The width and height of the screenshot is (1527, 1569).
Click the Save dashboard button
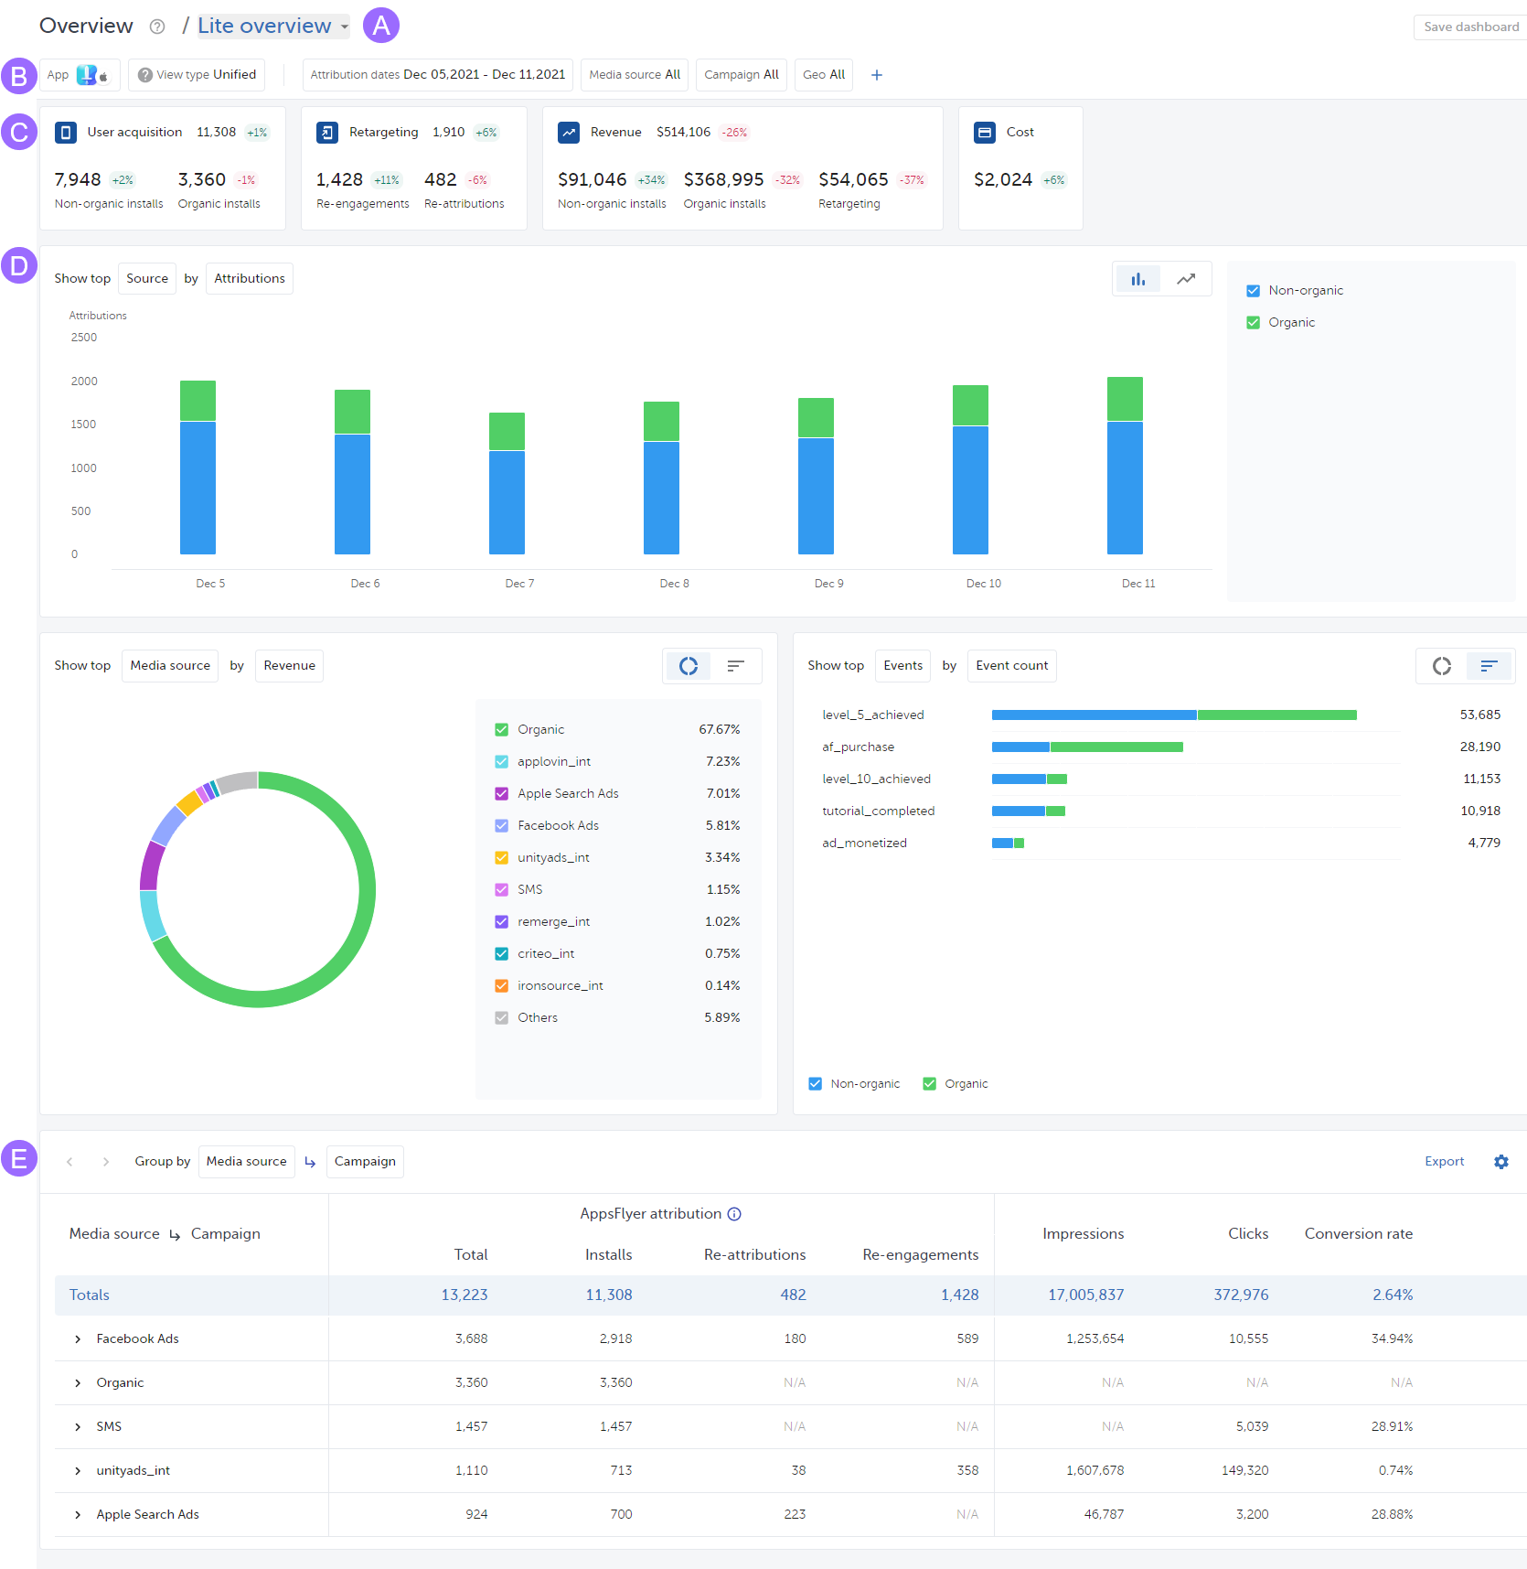[1470, 27]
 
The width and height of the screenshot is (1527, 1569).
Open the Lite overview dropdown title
[272, 26]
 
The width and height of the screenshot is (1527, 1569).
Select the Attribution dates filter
[437, 75]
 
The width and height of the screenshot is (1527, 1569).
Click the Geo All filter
[823, 75]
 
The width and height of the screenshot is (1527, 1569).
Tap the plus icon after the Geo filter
[876, 75]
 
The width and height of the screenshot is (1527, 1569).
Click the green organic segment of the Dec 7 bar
[507, 431]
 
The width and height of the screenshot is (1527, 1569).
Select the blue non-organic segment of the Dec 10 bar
[970, 489]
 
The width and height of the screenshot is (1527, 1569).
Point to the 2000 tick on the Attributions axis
[84, 382]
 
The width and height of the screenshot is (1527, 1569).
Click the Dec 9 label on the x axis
[828, 584]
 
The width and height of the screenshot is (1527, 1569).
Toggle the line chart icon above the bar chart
[1185, 279]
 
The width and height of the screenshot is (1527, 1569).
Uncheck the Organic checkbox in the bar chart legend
[1253, 323]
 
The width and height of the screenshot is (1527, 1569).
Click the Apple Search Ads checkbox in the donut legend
[501, 794]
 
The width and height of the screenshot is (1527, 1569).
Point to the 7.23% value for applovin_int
[722, 762]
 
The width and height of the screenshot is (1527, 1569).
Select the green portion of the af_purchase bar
[1116, 747]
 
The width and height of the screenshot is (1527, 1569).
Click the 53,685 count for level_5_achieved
[1479, 715]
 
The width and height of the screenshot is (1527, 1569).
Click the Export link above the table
[1444, 1162]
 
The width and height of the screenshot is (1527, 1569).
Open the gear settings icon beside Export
[1500, 1162]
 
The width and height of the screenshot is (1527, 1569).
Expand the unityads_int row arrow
[78, 1471]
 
